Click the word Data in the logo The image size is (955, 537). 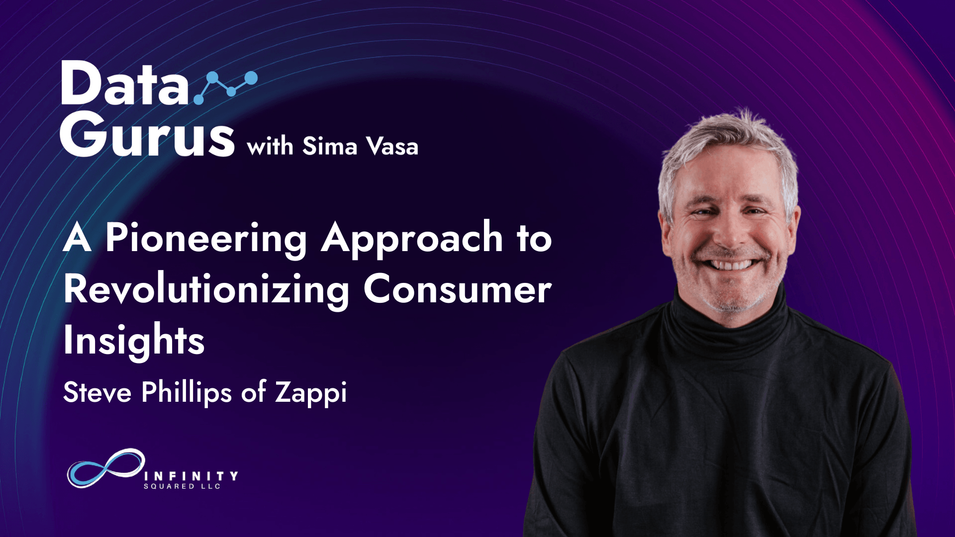click(x=125, y=83)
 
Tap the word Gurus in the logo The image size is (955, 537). click(x=147, y=134)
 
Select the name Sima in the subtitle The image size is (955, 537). click(x=330, y=146)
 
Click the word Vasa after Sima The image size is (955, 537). click(x=392, y=146)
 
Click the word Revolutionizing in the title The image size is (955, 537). click(x=206, y=290)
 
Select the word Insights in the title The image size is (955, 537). click(x=134, y=341)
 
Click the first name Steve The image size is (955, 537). click(x=97, y=392)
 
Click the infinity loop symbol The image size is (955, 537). click(x=106, y=468)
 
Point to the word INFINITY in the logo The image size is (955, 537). click(x=191, y=476)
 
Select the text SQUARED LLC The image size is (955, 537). click(x=182, y=486)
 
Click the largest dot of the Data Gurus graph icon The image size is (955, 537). click(x=251, y=78)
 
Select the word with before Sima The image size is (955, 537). click(x=270, y=146)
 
